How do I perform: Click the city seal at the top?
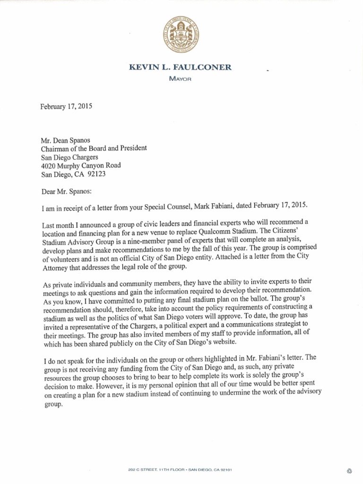(181, 35)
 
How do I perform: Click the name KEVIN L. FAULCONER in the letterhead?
(181, 68)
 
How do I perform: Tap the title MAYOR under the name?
(181, 78)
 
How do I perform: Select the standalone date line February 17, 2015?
(66, 106)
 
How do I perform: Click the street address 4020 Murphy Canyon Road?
(81, 165)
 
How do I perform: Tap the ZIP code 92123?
(96, 173)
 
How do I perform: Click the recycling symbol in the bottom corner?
(349, 457)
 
